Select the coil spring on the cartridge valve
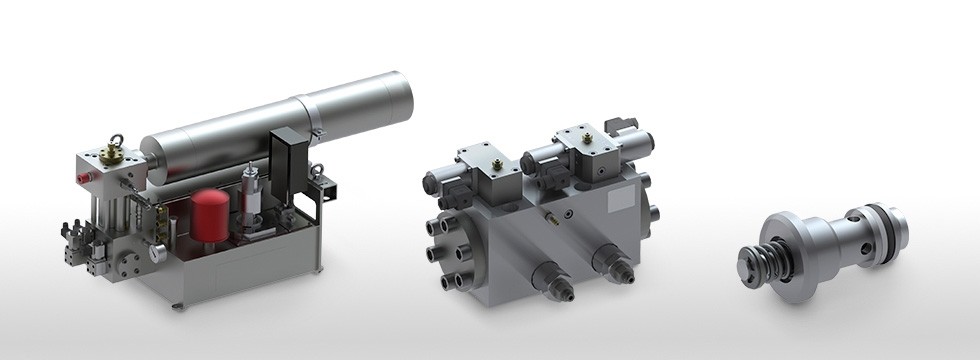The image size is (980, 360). (x=760, y=262)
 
